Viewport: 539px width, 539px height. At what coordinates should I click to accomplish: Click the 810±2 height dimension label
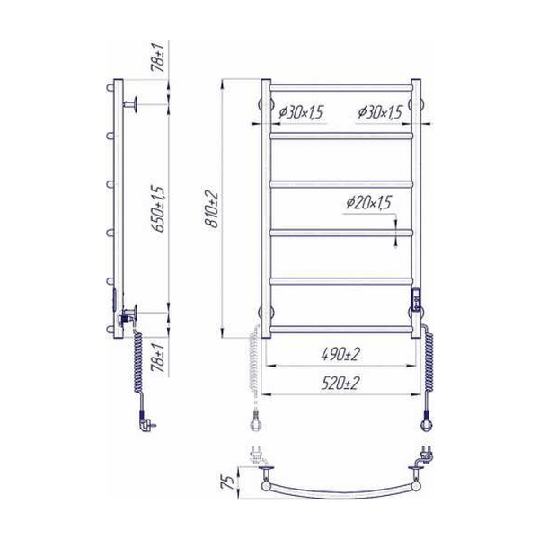coord(211,208)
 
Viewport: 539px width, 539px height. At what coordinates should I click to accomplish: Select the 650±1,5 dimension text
coord(158,208)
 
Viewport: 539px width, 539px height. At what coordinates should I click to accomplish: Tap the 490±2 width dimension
coord(340,354)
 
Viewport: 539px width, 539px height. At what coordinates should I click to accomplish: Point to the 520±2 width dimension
coord(340,383)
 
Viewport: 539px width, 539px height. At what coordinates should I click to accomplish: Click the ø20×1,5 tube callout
coord(368,202)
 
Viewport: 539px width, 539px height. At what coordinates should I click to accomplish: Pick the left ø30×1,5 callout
coord(301,112)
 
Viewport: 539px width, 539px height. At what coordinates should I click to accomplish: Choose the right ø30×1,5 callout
coord(379,112)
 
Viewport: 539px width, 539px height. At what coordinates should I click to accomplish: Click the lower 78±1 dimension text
coord(158,358)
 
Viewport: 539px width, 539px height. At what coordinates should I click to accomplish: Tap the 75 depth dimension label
coord(228,482)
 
